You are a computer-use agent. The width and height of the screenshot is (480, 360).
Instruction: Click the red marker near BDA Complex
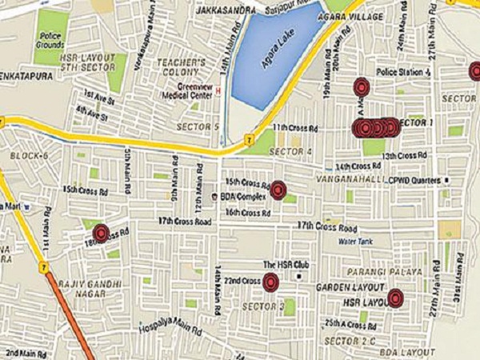click(278, 190)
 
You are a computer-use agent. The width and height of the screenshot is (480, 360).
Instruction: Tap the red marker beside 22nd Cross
click(270, 282)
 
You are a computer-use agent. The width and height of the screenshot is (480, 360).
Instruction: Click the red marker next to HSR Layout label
click(394, 298)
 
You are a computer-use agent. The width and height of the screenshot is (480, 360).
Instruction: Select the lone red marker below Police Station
click(361, 86)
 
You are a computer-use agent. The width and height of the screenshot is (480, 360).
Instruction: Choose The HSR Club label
click(280, 265)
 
